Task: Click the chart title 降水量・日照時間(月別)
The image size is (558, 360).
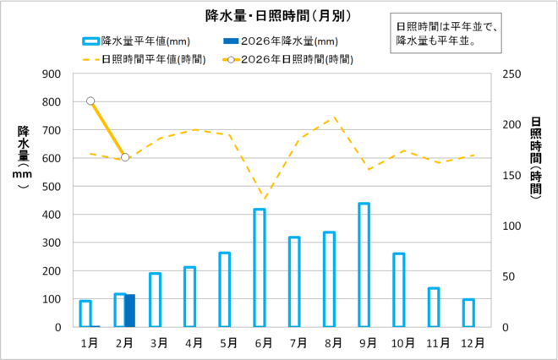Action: [279, 14]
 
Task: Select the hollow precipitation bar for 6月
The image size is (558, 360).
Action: [260, 267]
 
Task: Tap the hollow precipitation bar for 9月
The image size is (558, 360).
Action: [364, 265]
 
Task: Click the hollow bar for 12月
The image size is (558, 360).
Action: [468, 313]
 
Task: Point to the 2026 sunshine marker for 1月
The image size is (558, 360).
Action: [90, 101]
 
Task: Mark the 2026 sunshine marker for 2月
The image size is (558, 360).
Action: [125, 157]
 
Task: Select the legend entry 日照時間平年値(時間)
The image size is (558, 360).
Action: [135, 59]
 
